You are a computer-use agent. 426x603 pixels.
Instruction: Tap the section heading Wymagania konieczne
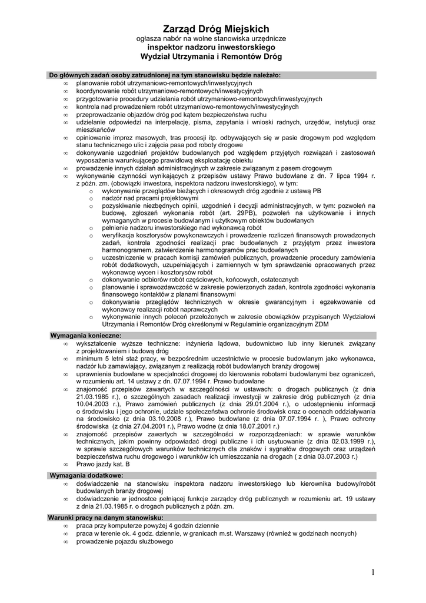point(86,335)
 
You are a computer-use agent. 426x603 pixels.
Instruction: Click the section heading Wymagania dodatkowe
point(86,475)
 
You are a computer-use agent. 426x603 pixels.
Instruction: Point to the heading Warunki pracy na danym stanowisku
point(97,517)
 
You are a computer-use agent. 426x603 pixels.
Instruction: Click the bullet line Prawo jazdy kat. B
point(104,464)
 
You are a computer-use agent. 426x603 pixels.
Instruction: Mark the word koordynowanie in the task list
point(98,91)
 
